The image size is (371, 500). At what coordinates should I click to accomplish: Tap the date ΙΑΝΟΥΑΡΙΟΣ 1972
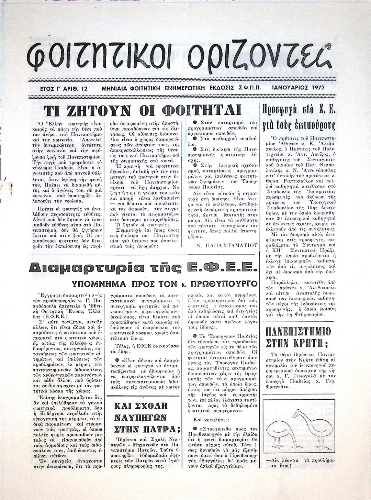click(297, 88)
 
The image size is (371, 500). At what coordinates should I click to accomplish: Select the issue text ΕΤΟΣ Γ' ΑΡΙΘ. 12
click(65, 88)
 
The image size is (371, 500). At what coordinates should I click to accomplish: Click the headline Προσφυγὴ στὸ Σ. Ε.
click(298, 117)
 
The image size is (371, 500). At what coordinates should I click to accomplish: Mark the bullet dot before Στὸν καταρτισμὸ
click(195, 123)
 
